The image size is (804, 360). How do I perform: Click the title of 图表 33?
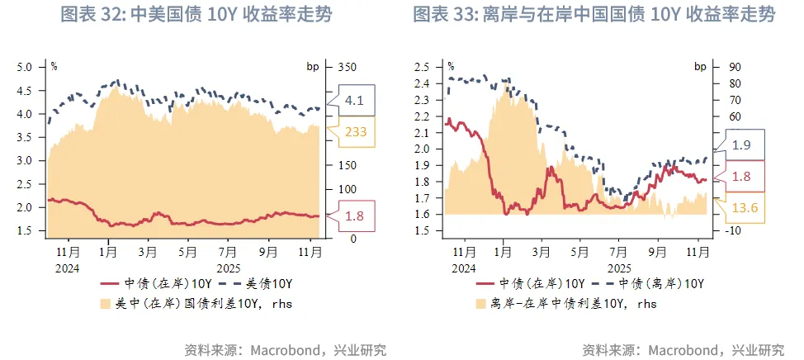(594, 15)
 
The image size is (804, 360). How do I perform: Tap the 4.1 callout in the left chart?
(355, 102)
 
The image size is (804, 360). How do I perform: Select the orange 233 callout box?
(355, 131)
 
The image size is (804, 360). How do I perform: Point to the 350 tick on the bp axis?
(347, 67)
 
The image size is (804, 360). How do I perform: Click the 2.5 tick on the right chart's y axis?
(421, 67)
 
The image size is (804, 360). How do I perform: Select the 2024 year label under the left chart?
(67, 266)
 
